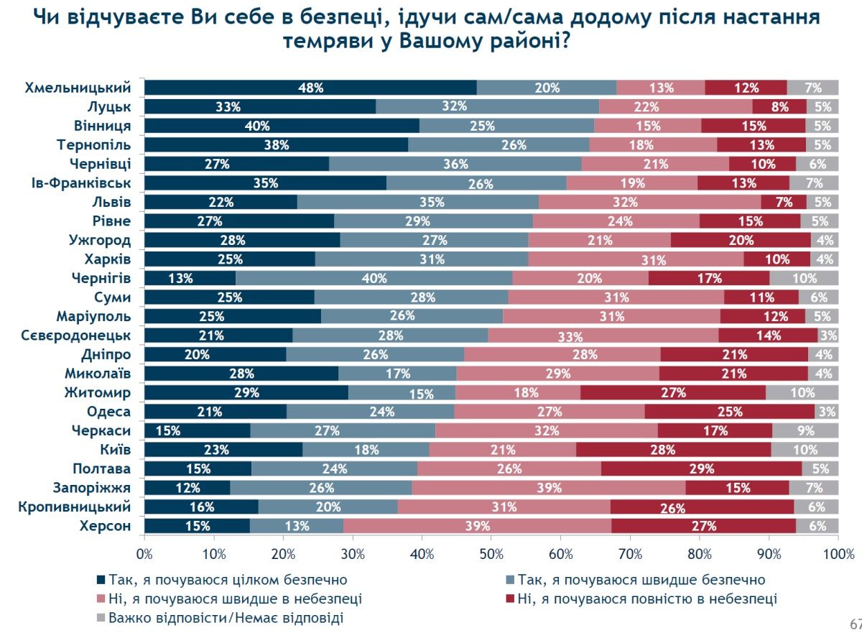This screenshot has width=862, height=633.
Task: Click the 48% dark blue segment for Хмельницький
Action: (x=310, y=88)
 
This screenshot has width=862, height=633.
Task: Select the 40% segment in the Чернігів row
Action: (x=374, y=278)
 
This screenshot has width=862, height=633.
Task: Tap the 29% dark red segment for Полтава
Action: (x=700, y=469)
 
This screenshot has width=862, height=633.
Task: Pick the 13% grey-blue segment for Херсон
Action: (x=296, y=526)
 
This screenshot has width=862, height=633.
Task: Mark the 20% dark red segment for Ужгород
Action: (x=740, y=240)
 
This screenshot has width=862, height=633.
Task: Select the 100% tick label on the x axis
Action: (x=837, y=554)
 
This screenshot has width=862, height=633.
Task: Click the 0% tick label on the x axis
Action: (x=145, y=554)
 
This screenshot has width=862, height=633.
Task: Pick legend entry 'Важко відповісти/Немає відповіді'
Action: (x=226, y=617)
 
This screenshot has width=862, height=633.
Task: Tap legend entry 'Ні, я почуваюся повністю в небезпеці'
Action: (x=646, y=599)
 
